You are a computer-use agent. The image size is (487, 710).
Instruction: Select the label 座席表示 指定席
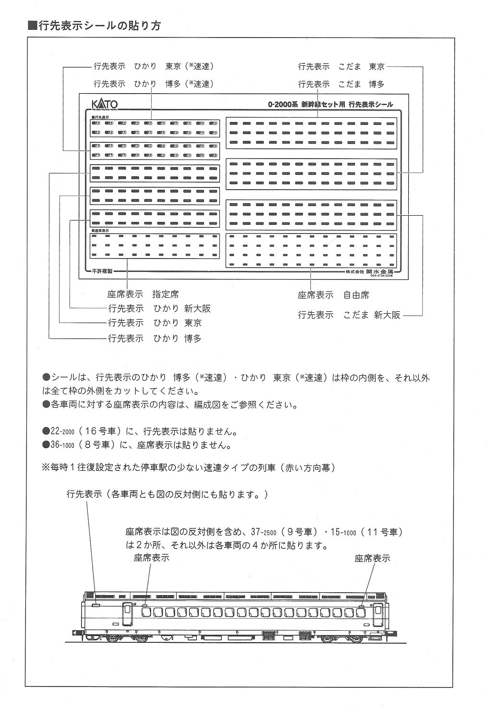(143, 294)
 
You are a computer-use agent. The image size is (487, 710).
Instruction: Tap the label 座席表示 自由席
(333, 294)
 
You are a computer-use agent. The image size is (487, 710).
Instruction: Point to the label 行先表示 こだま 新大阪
(349, 315)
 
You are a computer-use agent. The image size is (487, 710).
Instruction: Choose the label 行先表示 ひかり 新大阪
(159, 308)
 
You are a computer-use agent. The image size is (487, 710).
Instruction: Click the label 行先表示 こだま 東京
(341, 67)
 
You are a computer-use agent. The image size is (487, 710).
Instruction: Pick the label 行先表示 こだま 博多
(341, 84)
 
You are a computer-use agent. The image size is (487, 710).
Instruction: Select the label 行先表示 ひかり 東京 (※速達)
(154, 67)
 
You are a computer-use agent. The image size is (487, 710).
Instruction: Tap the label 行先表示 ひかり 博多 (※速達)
(154, 84)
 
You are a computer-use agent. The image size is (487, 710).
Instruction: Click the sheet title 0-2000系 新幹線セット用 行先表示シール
(331, 104)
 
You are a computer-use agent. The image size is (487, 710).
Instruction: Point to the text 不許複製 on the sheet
(102, 271)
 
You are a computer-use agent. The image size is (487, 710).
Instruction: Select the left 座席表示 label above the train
(152, 558)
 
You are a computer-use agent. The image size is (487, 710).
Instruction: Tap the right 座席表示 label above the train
(372, 558)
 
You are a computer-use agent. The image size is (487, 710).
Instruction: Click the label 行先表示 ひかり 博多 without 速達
(154, 338)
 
